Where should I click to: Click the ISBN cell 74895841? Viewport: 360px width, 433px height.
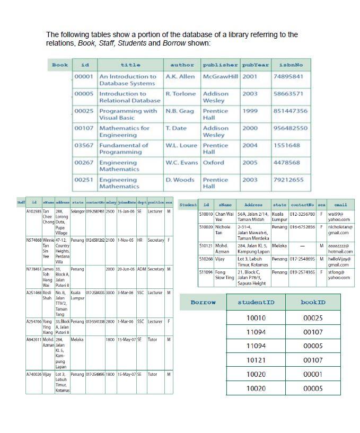click(288, 76)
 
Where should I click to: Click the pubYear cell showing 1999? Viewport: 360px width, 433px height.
click(250, 111)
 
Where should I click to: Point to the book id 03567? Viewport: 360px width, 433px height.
click(84, 145)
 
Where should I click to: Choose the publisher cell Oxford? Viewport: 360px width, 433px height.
click(213, 162)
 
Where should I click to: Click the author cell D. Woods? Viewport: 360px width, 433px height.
click(180, 180)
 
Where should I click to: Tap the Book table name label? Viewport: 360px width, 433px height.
click(60, 65)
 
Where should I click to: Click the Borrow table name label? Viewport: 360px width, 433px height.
click(203, 302)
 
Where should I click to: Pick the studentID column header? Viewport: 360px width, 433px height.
click(256, 302)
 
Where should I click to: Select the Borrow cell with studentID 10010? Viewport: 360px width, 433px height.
click(256, 318)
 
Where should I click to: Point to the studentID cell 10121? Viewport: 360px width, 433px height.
click(256, 360)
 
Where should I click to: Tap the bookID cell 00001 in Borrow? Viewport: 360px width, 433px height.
click(313, 374)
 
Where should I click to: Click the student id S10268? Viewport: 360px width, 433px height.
click(206, 259)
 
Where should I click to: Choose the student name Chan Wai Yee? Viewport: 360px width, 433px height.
click(224, 217)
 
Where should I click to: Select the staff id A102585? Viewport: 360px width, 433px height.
click(34, 211)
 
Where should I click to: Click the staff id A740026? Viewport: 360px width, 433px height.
click(34, 374)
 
